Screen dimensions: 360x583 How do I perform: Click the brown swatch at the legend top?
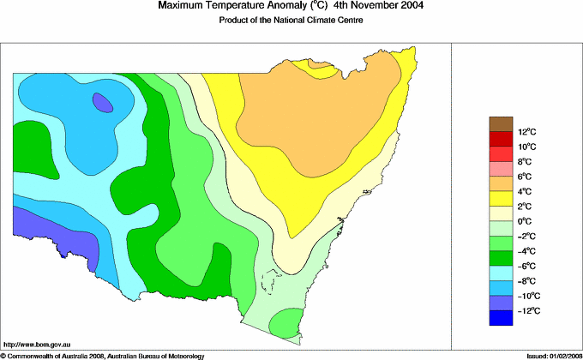[x=502, y=123]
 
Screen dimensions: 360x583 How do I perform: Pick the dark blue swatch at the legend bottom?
[x=502, y=318]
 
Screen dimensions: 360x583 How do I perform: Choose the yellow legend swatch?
[x=502, y=199]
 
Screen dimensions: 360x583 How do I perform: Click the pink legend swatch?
[x=502, y=169]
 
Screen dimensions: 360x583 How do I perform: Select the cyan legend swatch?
[x=502, y=273]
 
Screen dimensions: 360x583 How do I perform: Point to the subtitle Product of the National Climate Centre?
[x=291, y=21]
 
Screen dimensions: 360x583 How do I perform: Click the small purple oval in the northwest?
[x=103, y=104]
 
